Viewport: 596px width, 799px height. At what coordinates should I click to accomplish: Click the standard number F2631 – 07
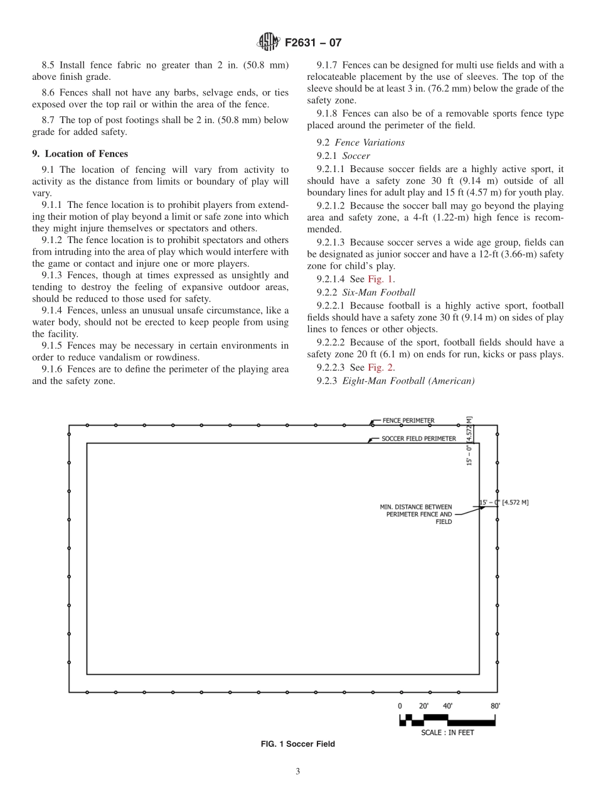pyautogui.click(x=313, y=43)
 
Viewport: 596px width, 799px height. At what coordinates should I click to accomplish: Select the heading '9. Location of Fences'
pyautogui.click(x=80, y=154)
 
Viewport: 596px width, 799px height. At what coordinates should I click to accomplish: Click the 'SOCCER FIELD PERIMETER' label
pyautogui.click(x=418, y=438)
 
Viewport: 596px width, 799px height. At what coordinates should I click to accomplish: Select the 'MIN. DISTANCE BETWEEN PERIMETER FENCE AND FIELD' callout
pyautogui.click(x=416, y=513)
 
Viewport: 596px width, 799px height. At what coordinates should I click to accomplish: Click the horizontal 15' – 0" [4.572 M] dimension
pyautogui.click(x=504, y=503)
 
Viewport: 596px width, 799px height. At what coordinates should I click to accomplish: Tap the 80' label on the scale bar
pyautogui.click(x=495, y=706)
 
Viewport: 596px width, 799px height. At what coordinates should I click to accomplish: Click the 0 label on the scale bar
pyautogui.click(x=400, y=706)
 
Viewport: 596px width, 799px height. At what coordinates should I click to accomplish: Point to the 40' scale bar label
pyautogui.click(x=447, y=706)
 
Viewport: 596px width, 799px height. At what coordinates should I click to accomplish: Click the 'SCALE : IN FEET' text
pyautogui.click(x=447, y=732)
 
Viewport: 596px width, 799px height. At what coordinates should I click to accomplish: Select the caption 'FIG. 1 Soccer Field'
pyautogui.click(x=297, y=744)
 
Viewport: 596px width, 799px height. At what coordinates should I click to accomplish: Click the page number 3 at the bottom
pyautogui.click(x=298, y=772)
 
